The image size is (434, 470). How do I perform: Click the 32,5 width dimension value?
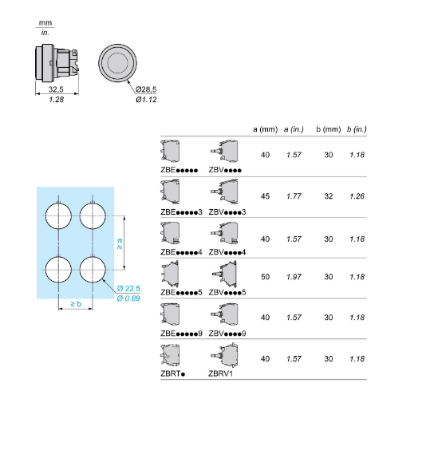(x=56, y=89)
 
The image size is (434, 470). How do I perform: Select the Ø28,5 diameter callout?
(x=146, y=89)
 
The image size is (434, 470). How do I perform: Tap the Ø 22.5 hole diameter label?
(x=128, y=288)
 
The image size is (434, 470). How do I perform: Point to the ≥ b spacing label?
(x=76, y=304)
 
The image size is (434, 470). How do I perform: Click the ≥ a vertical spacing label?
(x=120, y=243)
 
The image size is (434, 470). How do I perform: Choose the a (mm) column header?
(x=265, y=129)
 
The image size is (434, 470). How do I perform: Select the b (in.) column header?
(x=357, y=129)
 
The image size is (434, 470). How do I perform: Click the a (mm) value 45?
(x=265, y=196)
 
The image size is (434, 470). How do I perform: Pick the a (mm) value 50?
(x=265, y=277)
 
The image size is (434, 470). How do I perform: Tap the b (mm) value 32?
(x=329, y=196)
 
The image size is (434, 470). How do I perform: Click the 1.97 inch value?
(x=294, y=277)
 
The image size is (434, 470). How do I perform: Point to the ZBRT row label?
(x=173, y=373)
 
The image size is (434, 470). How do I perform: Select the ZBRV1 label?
(x=221, y=373)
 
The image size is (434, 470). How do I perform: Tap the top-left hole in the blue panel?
(x=58, y=215)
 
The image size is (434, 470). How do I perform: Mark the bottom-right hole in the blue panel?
(x=93, y=270)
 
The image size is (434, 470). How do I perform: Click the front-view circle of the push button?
(x=118, y=63)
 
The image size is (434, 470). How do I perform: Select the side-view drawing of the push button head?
(x=57, y=63)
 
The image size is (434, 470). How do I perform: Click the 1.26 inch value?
(x=357, y=196)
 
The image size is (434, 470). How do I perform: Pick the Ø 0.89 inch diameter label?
(x=128, y=298)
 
